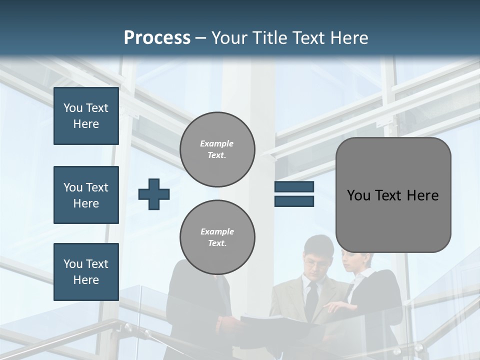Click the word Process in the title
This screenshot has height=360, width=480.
click(x=157, y=38)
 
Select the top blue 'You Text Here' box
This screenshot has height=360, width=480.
click(x=86, y=116)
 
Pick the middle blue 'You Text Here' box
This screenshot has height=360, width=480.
click(x=86, y=195)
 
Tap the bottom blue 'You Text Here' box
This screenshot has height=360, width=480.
click(x=86, y=271)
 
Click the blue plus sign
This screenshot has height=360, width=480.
click(x=154, y=194)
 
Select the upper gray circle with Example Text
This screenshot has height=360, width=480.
click(x=217, y=149)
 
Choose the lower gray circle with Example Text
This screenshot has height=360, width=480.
click(x=217, y=237)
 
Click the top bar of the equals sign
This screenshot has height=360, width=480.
click(x=294, y=187)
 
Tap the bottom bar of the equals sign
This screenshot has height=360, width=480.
click(x=294, y=201)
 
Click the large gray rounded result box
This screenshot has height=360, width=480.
click(x=393, y=195)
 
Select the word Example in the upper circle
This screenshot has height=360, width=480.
click(x=217, y=143)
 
